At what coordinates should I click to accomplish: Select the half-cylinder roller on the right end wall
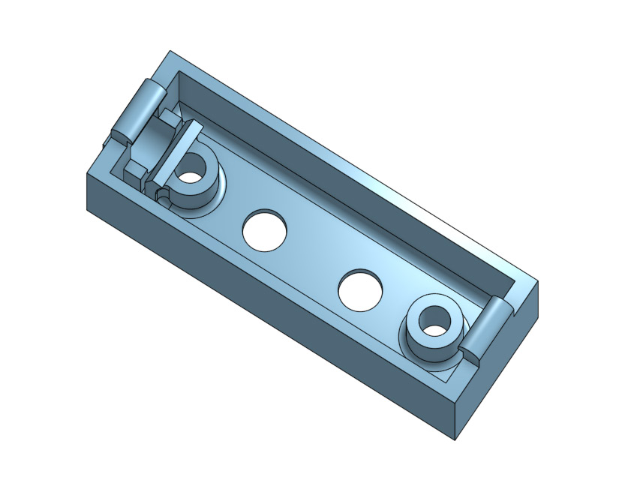coord(488,328)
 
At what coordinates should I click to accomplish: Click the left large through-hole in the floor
coord(266,228)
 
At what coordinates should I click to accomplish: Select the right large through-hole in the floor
coord(361,289)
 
